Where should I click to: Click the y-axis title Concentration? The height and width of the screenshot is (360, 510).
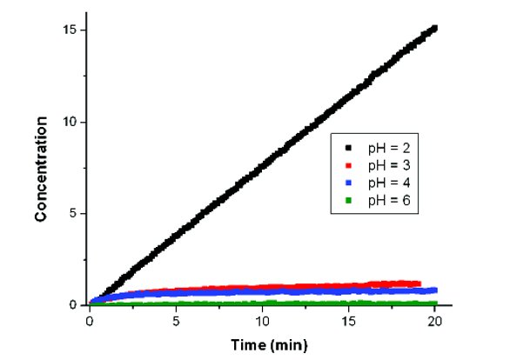coord(41,167)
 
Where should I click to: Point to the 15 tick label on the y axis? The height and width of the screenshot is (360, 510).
coord(70,30)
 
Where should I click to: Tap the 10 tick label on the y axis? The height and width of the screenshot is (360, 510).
coord(70,122)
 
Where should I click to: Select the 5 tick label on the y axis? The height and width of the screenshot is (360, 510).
coord(74,214)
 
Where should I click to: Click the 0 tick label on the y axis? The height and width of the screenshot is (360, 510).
coord(74,305)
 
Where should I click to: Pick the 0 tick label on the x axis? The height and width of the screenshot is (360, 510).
coord(91,321)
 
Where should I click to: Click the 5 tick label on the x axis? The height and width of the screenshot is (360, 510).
coord(177,321)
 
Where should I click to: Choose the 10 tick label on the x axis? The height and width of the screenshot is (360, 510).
coord(263,321)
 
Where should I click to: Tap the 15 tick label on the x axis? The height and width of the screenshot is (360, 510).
coord(349,321)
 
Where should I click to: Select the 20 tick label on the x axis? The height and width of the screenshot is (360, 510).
coord(435,321)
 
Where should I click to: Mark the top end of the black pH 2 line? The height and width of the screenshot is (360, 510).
coord(434,28)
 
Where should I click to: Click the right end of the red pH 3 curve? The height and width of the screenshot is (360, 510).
coord(419,283)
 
